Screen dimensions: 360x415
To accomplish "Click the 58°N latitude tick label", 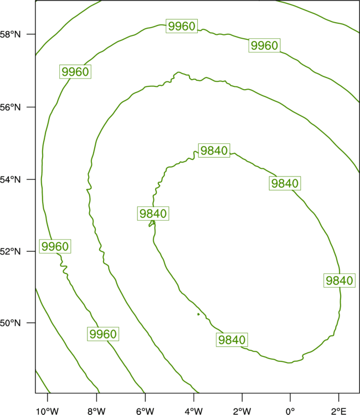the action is tap(10, 34).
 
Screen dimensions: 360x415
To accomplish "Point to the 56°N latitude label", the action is tap(10, 107).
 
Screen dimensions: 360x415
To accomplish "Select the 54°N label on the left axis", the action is tap(10, 180).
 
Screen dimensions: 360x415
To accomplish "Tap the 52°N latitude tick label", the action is tap(10, 251).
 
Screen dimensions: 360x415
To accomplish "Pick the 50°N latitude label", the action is tap(10, 323).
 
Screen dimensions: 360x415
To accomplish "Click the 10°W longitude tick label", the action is tap(48, 411).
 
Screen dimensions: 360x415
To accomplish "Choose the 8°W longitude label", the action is tap(96, 411).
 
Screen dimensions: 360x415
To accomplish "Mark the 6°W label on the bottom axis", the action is tap(145, 411).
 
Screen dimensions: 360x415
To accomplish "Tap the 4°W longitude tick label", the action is tap(194, 411).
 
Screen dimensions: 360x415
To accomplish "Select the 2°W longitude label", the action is tap(242, 411).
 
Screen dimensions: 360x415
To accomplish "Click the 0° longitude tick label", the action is tap(290, 411).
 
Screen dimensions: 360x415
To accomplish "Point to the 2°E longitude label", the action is tap(338, 411).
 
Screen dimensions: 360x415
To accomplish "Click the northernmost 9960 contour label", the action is tap(182, 26).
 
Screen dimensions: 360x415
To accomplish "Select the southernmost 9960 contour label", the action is tap(103, 334).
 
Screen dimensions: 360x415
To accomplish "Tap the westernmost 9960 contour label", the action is tap(55, 246).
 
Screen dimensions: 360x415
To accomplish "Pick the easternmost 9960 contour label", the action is tap(264, 45).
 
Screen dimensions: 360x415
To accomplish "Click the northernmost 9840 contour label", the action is tap(214, 151).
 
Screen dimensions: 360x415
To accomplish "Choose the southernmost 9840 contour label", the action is tap(232, 340).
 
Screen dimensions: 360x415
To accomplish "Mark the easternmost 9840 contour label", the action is tap(340, 281).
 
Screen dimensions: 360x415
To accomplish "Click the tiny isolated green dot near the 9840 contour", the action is tap(198, 314).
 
